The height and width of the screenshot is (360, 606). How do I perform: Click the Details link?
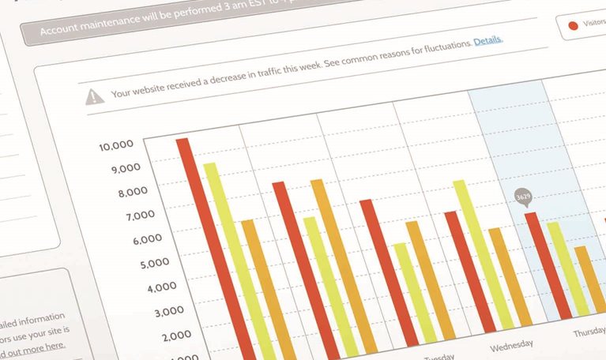pos(487,40)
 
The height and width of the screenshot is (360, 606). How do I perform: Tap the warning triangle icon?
pos(95,96)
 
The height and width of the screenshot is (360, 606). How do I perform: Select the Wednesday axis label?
pos(511,345)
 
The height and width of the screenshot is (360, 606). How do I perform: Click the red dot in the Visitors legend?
pos(573,25)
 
